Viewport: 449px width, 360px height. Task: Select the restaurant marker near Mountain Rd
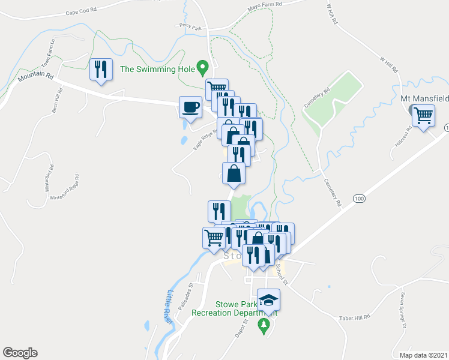click(x=101, y=70)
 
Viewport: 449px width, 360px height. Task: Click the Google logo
click(x=20, y=353)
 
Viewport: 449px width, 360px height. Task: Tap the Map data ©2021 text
click(x=423, y=355)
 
